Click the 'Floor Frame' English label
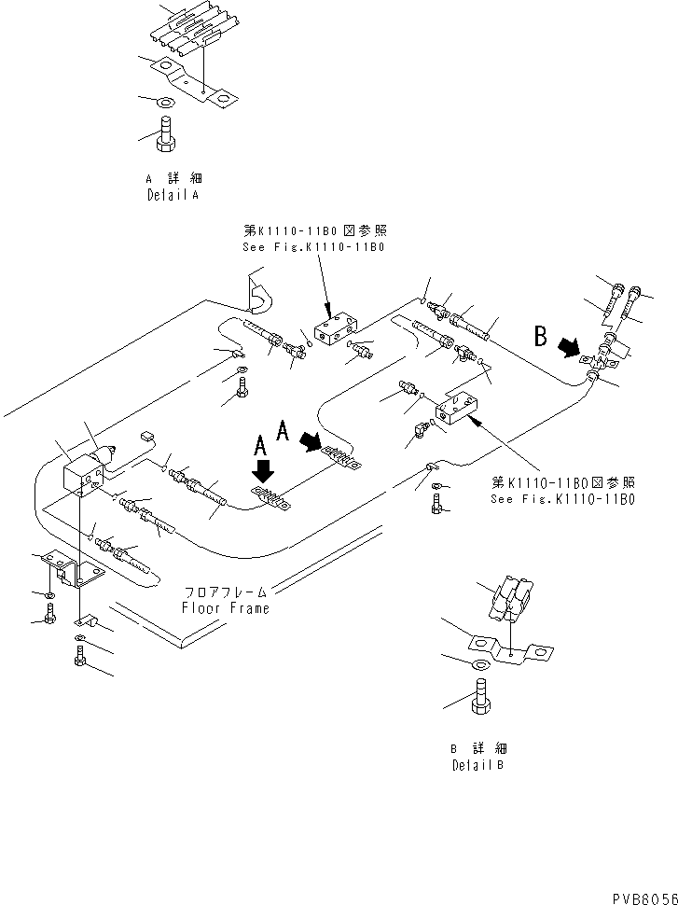point(226,607)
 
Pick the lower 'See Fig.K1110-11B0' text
point(562,498)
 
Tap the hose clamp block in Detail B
point(509,600)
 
